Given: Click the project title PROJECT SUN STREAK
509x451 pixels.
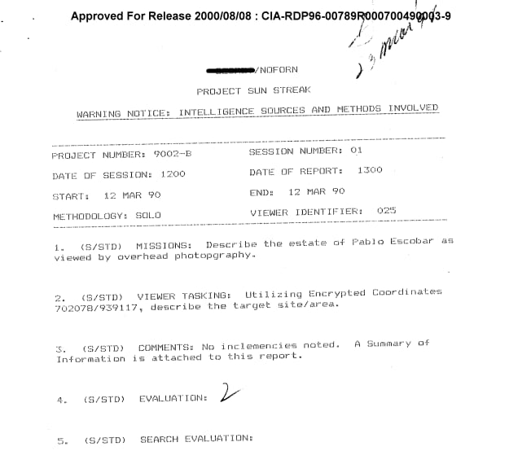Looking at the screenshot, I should click(x=253, y=91).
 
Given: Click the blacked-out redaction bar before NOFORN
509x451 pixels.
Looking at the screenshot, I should click(x=232, y=70).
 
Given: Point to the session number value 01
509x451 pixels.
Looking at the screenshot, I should click(x=356, y=151).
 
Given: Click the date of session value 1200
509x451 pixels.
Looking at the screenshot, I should click(x=173, y=175).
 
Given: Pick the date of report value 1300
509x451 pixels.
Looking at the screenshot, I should click(x=369, y=171).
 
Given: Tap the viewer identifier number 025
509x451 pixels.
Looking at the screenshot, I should click(x=387, y=211).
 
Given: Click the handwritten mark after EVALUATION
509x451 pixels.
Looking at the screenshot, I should click(x=230, y=395).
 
